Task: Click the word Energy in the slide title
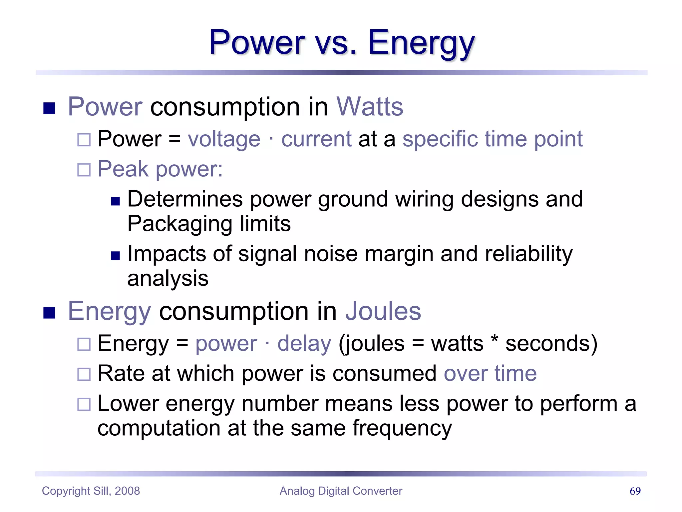[421, 43]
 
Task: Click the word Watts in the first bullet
[370, 107]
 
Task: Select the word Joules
[383, 311]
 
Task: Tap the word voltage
[224, 139]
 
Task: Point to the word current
[316, 139]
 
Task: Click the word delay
[304, 343]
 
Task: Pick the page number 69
[635, 491]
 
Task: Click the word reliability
[528, 254]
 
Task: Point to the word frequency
[402, 428]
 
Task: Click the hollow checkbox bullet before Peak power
[84, 170]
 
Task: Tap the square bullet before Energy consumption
[49, 313]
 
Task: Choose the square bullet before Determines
[115, 201]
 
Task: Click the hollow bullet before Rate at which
[84, 374]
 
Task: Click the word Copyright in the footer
[66, 491]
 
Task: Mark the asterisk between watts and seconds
[495, 341]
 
